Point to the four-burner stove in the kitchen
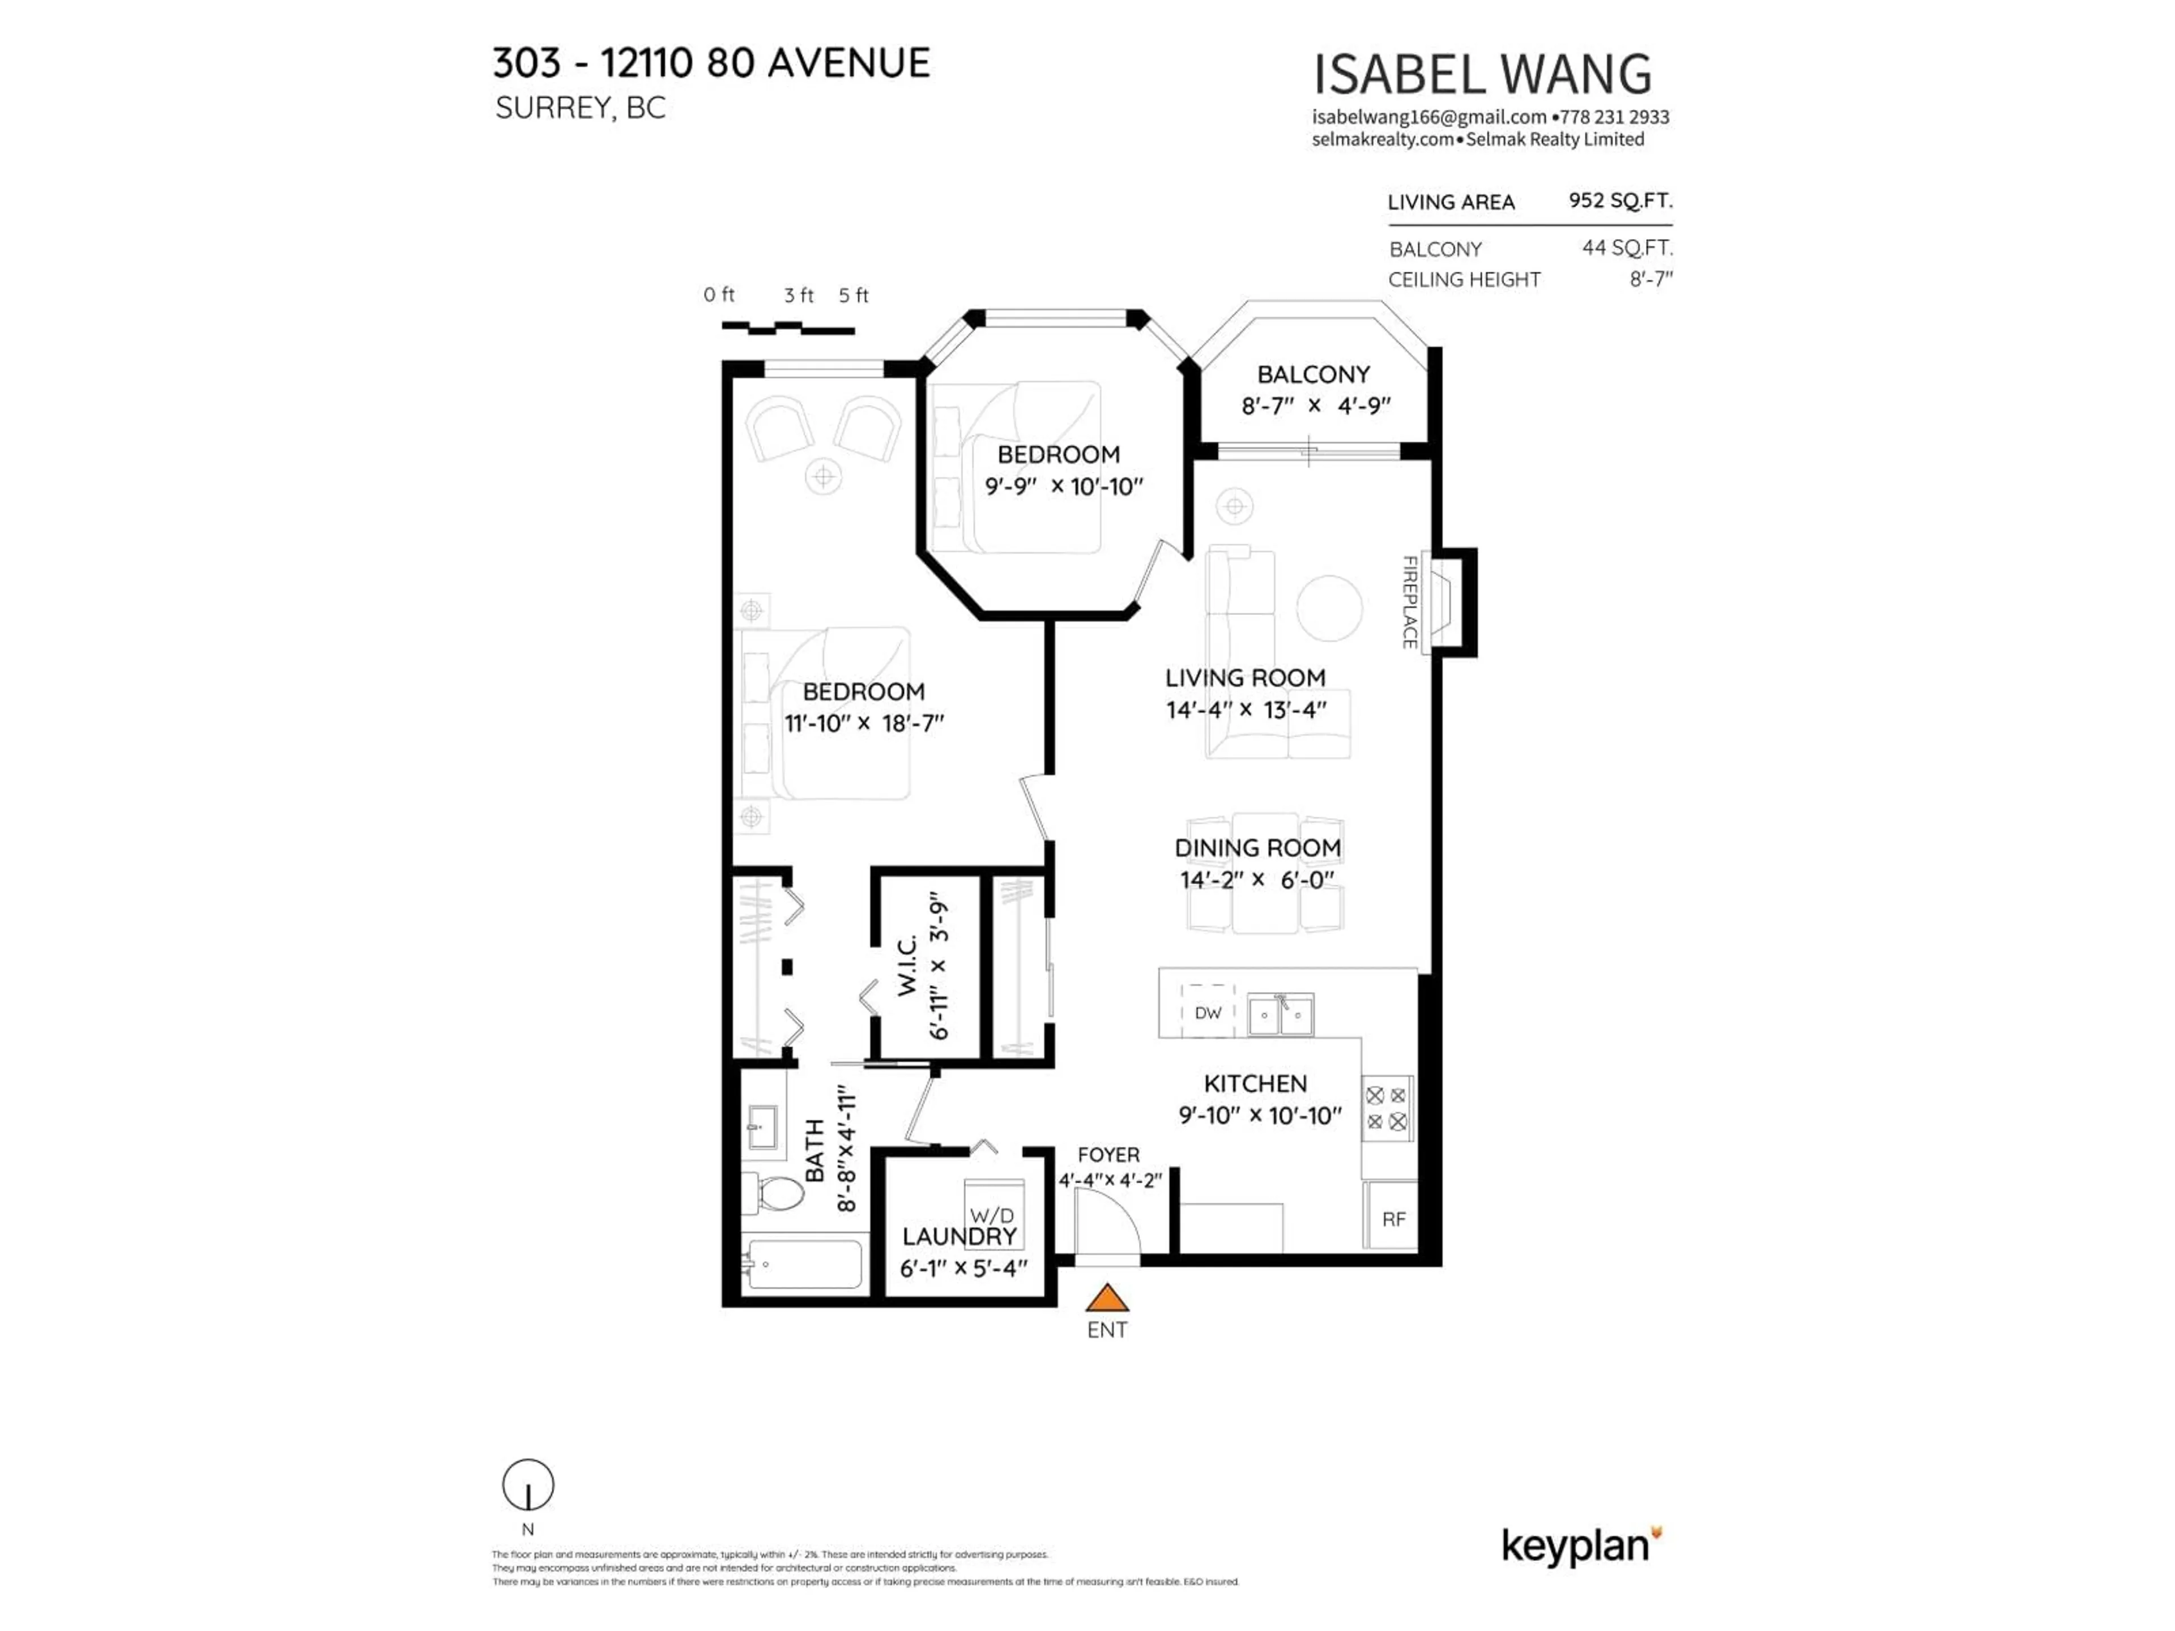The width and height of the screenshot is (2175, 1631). (1387, 1108)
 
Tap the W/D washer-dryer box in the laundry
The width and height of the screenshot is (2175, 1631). (993, 1214)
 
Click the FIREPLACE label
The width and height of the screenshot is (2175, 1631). (1409, 601)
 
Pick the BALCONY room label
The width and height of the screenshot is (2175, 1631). (1313, 374)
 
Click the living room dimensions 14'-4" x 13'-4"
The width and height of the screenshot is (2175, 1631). (1246, 710)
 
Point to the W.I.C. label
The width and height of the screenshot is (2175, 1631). (907, 966)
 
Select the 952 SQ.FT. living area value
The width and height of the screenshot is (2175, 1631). (1619, 200)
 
